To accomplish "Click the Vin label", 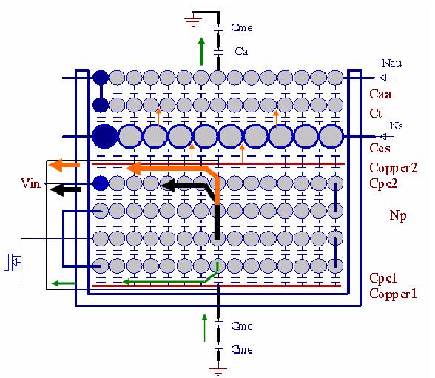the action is coord(30,183).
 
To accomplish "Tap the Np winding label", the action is coord(398,215).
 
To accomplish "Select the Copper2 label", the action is coord(393,169).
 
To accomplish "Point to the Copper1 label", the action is coord(393,294).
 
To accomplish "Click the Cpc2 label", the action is coord(383,183).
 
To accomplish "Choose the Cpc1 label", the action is coord(383,278).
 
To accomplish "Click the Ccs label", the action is coord(380,148).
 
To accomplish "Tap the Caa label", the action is coord(380,94).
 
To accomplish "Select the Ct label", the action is coord(376,113).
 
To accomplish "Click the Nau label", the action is coord(392,63).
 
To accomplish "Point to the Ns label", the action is coord(397,126).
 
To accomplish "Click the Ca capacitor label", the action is coord(241,51).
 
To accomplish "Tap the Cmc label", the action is coord(242,326).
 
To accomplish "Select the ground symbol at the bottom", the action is coord(218,371).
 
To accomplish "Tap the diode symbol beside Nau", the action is coord(383,78).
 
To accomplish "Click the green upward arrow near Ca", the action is coord(201,52).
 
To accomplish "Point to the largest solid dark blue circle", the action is coord(104,136).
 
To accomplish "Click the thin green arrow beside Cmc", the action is coord(204,328).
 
